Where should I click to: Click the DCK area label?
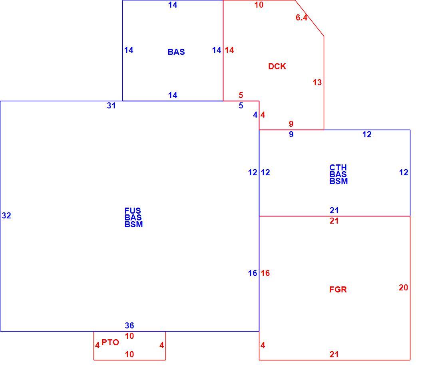[277, 66]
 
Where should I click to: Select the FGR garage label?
[338, 289]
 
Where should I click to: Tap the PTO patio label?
[110, 342]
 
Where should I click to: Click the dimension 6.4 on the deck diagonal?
[301, 18]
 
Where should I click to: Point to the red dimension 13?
[317, 82]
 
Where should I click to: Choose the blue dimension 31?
[111, 106]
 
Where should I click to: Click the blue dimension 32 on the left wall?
[6, 216]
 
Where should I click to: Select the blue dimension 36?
[129, 326]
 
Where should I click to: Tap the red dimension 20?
[403, 288]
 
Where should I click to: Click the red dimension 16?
[265, 273]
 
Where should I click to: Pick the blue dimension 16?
[253, 273]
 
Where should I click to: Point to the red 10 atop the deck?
[259, 5]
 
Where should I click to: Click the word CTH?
[338, 167]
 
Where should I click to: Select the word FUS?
[132, 210]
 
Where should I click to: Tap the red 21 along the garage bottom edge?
[334, 354]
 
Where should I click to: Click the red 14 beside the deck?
[229, 50]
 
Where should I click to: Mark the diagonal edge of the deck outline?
[309, 18]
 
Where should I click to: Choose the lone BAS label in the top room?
[176, 52]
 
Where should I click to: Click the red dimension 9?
[291, 124]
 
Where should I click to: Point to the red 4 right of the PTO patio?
[161, 345]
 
